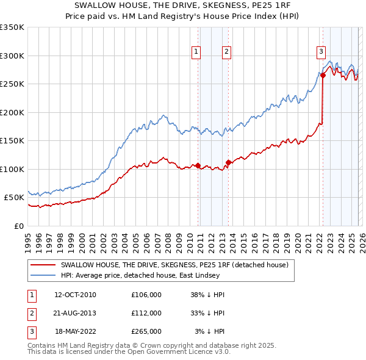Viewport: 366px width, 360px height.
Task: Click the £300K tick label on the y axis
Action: [12, 56]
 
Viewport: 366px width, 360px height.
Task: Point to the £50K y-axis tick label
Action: [14, 198]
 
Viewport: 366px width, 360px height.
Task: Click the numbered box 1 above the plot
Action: [196, 52]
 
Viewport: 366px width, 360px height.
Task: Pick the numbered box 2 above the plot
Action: [226, 52]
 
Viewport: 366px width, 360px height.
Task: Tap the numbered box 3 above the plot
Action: [321, 52]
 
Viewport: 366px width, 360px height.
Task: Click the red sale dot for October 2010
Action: [198, 165]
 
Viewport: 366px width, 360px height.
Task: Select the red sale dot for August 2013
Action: [228, 162]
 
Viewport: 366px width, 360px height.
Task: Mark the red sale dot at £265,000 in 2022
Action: [323, 76]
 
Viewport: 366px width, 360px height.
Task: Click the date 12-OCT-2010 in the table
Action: [75, 295]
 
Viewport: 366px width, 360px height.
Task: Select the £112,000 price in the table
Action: [146, 313]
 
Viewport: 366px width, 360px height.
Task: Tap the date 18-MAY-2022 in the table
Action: [75, 331]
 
